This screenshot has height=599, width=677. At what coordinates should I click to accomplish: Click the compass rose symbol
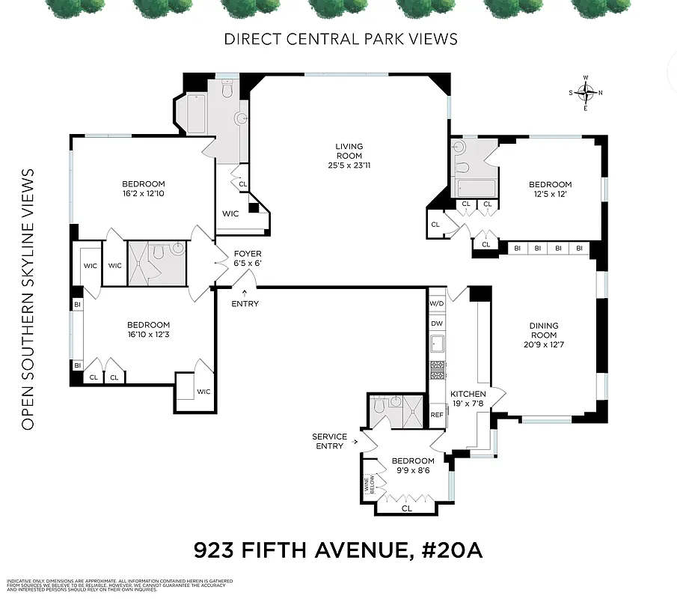(x=586, y=93)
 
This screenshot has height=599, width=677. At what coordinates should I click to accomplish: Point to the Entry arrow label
(x=245, y=303)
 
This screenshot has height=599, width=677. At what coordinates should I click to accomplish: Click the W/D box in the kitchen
(x=437, y=304)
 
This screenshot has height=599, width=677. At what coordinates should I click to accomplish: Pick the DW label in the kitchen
(x=437, y=323)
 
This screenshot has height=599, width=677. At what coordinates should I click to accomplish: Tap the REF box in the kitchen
(x=437, y=415)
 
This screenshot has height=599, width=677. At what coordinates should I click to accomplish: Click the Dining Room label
(x=544, y=330)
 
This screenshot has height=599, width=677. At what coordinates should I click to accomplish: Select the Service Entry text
(x=330, y=441)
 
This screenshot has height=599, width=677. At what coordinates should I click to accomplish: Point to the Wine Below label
(x=368, y=485)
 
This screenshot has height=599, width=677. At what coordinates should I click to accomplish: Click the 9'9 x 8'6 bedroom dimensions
(x=413, y=472)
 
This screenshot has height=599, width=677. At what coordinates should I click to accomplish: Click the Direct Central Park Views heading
(x=340, y=39)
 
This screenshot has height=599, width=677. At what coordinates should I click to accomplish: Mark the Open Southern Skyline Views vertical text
(x=28, y=299)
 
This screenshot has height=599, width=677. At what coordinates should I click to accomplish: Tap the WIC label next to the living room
(x=230, y=214)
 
